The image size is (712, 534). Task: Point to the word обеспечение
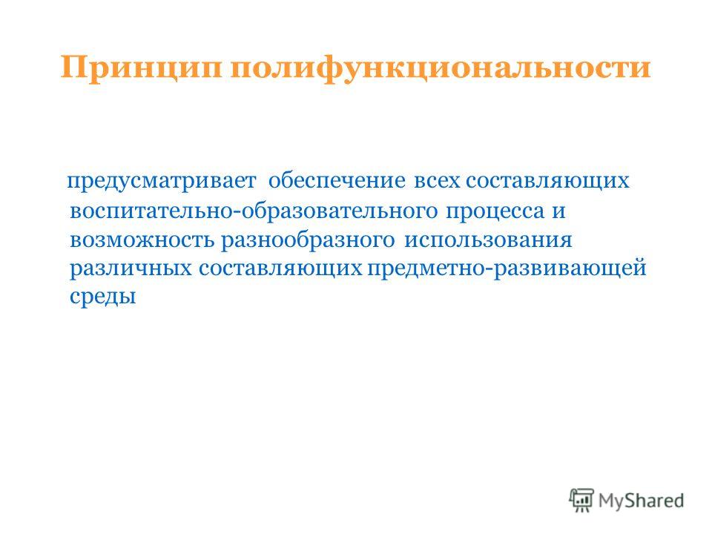[337, 180]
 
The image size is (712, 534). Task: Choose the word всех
[437, 181]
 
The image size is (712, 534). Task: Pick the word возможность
[142, 240]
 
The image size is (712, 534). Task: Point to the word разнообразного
[309, 240]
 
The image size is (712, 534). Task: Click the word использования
[488, 240]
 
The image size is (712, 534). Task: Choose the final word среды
[103, 298]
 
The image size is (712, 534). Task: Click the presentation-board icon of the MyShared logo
[581, 500]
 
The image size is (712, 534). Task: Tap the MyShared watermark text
[641, 501]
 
